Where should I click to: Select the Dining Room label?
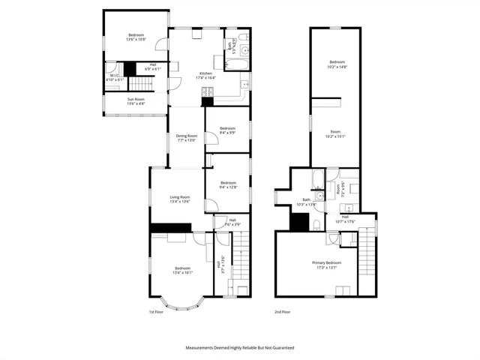pyautogui.click(x=187, y=136)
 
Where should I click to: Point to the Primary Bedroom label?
pyautogui.click(x=327, y=262)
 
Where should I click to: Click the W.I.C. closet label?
pyautogui.click(x=115, y=74)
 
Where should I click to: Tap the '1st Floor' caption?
pyautogui.click(x=155, y=312)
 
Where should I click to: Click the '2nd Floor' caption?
pyautogui.click(x=283, y=312)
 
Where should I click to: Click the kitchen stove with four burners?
pyautogui.click(x=208, y=92)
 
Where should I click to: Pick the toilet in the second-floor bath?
pyautogui.click(x=318, y=225)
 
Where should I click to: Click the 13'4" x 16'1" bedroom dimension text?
pyautogui.click(x=182, y=273)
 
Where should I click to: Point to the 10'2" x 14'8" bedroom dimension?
pyautogui.click(x=337, y=66)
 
